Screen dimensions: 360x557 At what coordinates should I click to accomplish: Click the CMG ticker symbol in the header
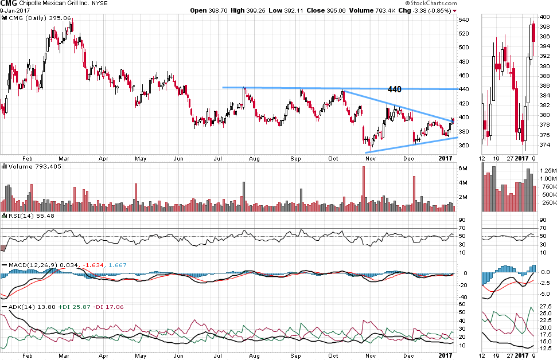pos(9,3)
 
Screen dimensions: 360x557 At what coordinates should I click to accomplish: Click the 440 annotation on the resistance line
pos(395,89)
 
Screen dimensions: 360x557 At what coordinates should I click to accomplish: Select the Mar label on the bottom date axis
pos(64,355)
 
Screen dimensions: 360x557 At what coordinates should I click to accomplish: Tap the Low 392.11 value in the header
pos(298,10)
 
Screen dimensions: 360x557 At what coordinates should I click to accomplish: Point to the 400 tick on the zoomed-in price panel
pos(545,17)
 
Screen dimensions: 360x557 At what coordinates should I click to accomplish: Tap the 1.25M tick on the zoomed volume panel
pos(547,171)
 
